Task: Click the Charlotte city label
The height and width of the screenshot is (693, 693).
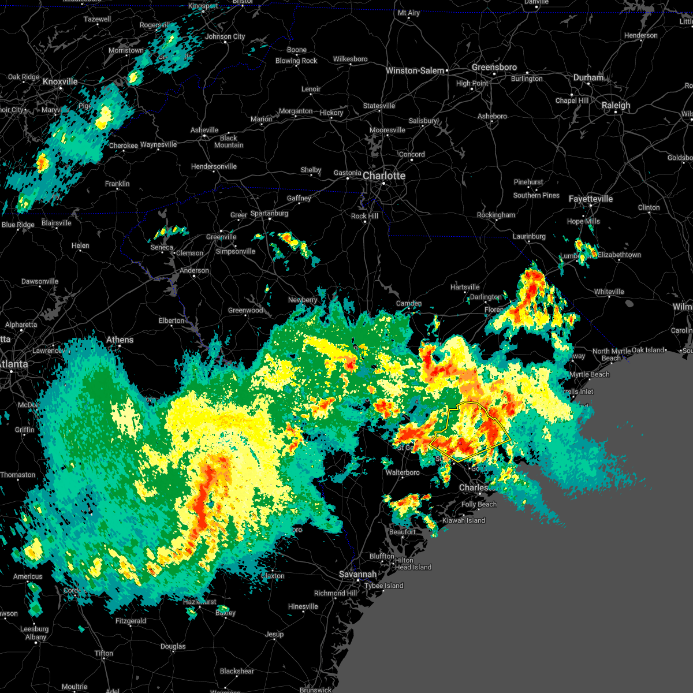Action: click(384, 176)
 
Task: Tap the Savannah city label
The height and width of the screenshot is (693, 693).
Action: click(357, 574)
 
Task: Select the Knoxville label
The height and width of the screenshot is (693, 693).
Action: click(60, 82)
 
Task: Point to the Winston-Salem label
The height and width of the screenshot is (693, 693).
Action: click(415, 70)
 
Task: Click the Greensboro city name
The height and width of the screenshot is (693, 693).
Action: click(494, 67)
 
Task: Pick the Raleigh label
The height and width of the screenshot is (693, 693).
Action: click(616, 105)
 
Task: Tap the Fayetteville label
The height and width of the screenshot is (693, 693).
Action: click(591, 199)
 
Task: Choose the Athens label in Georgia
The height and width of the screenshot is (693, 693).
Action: click(120, 340)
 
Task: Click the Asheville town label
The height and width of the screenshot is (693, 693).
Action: click(204, 130)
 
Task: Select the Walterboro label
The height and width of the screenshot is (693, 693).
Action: click(403, 472)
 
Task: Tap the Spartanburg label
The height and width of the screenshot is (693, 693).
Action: click(269, 213)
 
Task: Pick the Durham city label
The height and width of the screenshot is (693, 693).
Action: click(588, 77)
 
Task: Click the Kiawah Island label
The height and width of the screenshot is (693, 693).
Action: click(464, 520)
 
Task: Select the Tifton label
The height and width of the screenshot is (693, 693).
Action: click(104, 653)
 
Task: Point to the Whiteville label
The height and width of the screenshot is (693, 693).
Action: click(609, 292)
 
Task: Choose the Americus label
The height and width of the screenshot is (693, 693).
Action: click(28, 576)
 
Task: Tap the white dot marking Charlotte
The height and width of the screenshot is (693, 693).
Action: click(383, 184)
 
